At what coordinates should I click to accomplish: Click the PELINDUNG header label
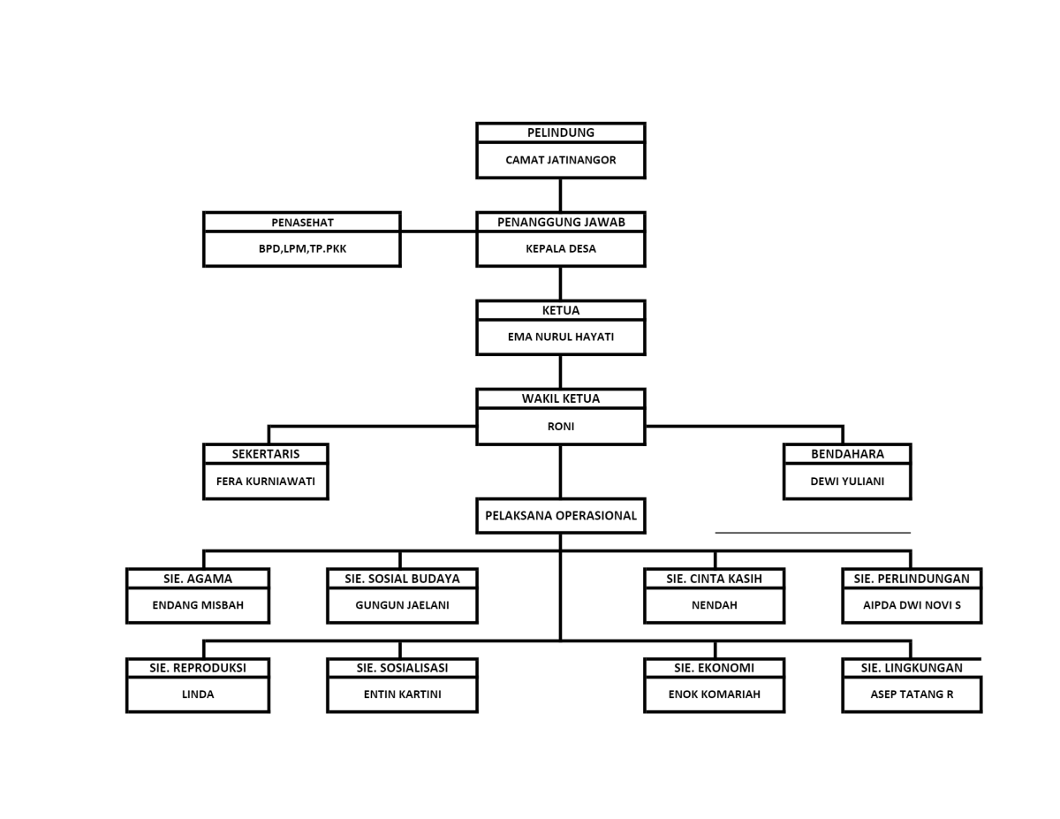(x=561, y=133)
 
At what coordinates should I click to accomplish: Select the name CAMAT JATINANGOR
(x=561, y=160)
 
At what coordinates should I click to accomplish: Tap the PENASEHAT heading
(x=302, y=223)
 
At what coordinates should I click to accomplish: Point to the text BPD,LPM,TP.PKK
(x=302, y=249)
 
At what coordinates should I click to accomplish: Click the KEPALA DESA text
(x=561, y=249)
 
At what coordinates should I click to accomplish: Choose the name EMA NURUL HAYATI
(x=561, y=337)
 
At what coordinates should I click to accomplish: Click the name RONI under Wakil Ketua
(x=561, y=427)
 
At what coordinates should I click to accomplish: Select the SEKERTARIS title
(x=266, y=454)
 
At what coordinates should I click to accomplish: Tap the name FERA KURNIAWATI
(x=266, y=482)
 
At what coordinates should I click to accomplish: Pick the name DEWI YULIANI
(x=847, y=482)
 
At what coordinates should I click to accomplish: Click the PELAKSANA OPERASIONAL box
(x=561, y=516)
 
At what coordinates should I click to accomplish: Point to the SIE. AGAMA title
(x=198, y=579)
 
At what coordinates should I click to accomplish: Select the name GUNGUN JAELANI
(x=403, y=605)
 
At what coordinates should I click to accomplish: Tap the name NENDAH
(x=714, y=605)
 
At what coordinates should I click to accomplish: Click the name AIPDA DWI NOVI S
(x=912, y=605)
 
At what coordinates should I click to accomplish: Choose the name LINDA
(x=198, y=694)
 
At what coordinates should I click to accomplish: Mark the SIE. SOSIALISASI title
(x=403, y=668)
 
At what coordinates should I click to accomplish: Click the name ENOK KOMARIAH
(x=714, y=694)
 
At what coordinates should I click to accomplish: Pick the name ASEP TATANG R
(x=912, y=694)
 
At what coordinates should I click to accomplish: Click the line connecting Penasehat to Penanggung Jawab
(x=438, y=231)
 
